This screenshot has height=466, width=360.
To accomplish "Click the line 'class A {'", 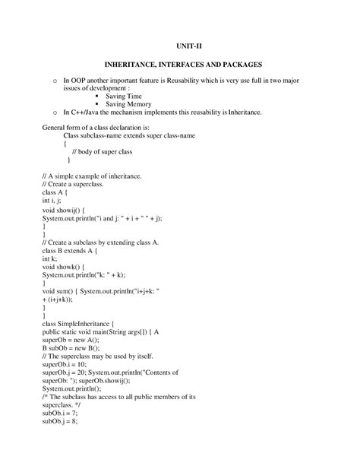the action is [x=58, y=193].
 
